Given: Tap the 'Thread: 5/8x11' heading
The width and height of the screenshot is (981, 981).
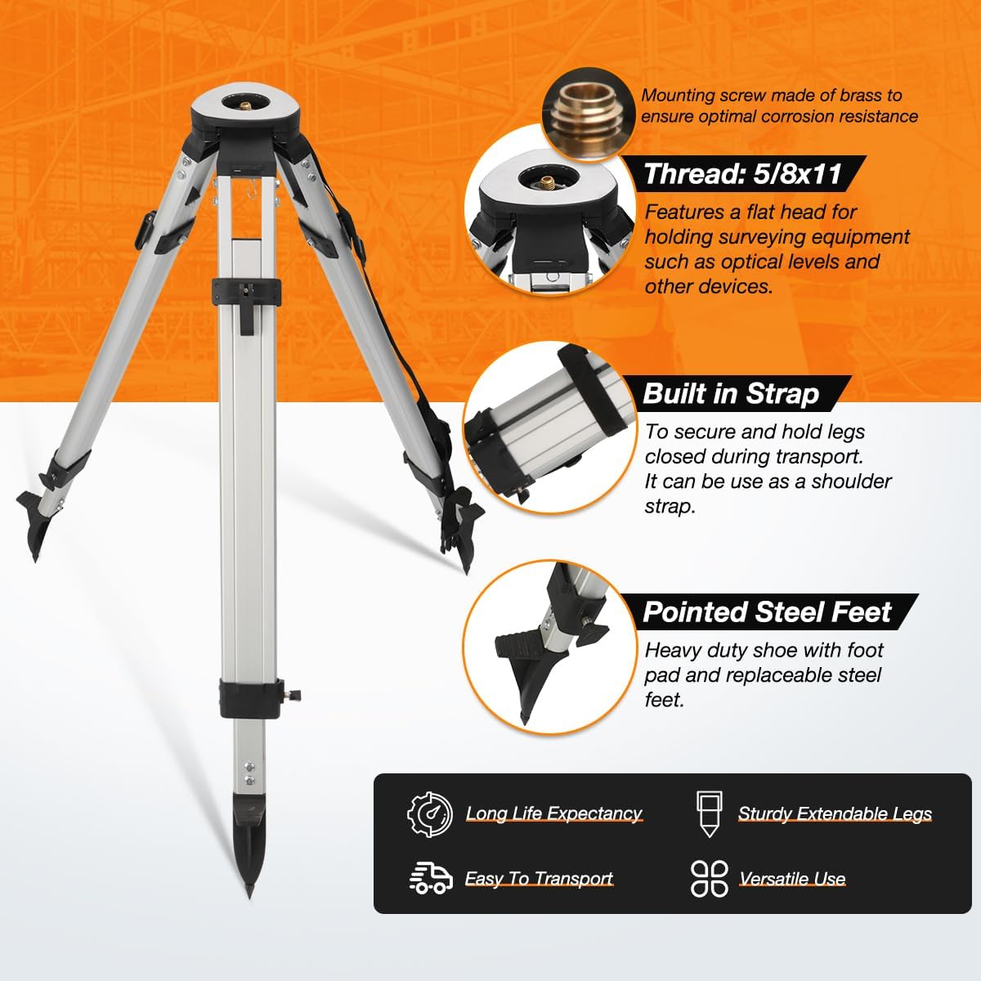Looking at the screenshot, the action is pos(743,174).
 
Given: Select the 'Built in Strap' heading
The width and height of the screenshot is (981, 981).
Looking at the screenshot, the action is pos(731,393).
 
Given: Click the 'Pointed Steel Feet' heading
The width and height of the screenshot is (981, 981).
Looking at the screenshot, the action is pos(767,611).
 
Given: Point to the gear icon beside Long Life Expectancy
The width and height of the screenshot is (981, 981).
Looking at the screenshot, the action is pos(430,814).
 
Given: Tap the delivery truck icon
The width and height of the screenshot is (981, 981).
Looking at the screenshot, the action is pos(431,878).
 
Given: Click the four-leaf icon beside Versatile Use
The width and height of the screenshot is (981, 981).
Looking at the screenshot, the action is pos(709,878).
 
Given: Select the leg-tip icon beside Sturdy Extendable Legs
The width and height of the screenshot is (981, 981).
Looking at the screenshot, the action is pos(709,814).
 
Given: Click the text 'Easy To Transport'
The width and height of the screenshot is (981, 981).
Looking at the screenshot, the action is pos(539,879).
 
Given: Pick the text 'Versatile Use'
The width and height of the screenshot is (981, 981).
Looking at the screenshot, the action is pos(792,879).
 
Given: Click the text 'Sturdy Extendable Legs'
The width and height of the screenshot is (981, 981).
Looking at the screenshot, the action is pos(835,814).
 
